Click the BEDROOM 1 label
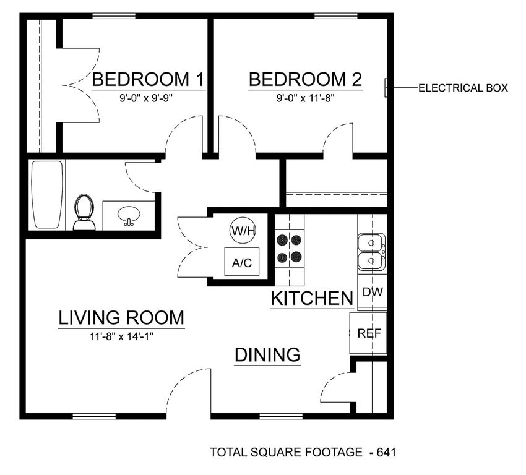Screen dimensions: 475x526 (149, 79)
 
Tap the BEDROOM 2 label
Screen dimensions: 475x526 (305, 79)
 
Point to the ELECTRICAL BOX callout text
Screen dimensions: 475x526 (463, 88)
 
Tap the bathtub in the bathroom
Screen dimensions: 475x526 (47, 195)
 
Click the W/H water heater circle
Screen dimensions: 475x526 (241, 231)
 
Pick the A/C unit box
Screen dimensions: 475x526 (241, 262)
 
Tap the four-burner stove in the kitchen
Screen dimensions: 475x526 (290, 249)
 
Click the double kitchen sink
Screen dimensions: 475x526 (372, 252)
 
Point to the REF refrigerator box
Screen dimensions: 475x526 (369, 333)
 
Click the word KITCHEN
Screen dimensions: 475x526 (312, 298)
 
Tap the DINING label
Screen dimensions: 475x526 (267, 355)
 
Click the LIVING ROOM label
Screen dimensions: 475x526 (121, 318)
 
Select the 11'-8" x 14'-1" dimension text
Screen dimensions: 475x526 (121, 336)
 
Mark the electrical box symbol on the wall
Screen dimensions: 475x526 (387, 88)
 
